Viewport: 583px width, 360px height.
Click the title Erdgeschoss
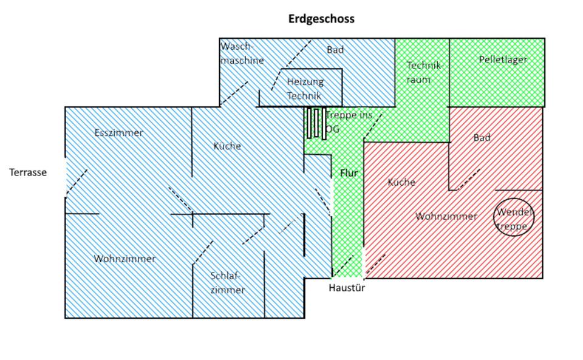(x=321, y=19)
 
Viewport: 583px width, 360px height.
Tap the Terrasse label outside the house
(x=28, y=172)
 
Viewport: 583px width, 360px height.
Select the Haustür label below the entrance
(x=347, y=288)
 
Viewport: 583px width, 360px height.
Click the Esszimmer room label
(x=119, y=133)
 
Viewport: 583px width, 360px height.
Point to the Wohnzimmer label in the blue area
(x=124, y=259)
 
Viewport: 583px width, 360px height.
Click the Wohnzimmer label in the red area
(x=446, y=216)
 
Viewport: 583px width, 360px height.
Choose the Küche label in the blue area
(x=227, y=146)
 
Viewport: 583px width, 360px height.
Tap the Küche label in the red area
(x=401, y=182)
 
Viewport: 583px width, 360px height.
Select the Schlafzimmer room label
(x=228, y=283)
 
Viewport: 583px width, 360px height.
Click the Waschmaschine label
(x=242, y=53)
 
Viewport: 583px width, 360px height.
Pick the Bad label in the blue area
(x=335, y=50)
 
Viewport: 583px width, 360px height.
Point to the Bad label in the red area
(x=482, y=138)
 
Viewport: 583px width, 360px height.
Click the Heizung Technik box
(x=305, y=88)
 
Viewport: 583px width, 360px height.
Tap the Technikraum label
(x=424, y=72)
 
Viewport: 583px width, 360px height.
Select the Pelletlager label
(x=503, y=59)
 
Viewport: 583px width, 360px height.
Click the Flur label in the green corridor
(x=349, y=173)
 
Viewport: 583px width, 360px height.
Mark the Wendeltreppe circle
(x=514, y=217)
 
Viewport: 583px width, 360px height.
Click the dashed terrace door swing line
(x=77, y=182)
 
